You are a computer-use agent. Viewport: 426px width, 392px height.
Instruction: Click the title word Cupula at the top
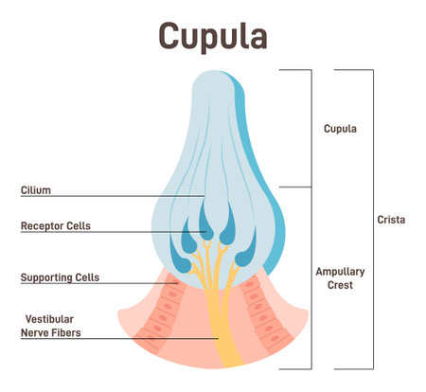click(x=212, y=35)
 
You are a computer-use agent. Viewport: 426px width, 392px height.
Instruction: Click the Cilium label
click(x=36, y=190)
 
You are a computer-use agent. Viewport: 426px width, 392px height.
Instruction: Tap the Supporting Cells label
click(x=60, y=278)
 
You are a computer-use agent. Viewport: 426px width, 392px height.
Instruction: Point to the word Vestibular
click(x=46, y=319)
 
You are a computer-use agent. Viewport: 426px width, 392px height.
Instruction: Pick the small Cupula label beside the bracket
click(x=339, y=129)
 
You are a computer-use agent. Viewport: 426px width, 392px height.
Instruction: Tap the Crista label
click(x=390, y=220)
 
